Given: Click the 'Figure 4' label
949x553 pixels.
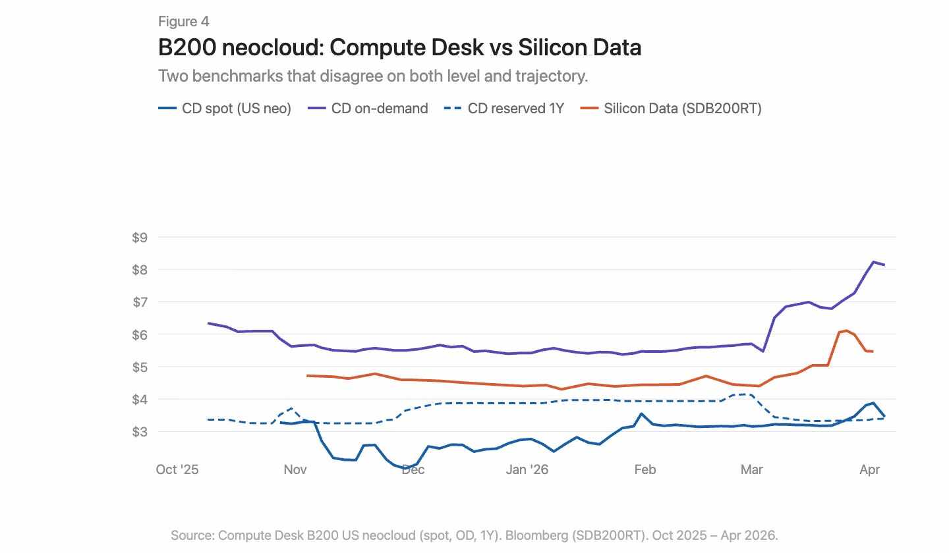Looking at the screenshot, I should tap(183, 22).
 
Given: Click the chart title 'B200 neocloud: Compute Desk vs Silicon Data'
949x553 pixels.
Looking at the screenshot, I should tap(399, 47).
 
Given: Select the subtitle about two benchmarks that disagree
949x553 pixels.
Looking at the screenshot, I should tap(372, 76).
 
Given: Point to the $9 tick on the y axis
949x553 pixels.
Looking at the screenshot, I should tap(140, 238).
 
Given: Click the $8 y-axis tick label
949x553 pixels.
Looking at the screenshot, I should tap(140, 270).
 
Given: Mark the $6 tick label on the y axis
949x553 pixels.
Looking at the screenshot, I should tap(140, 334).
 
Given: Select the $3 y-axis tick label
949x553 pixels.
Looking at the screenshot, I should tap(140, 432).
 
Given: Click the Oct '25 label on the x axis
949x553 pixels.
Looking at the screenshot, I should tap(177, 469).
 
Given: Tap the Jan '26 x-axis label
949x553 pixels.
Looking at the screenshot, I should tap(527, 469).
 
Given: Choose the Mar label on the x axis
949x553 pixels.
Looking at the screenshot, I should tap(751, 469).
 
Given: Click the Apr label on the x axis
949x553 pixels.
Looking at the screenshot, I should tap(870, 469).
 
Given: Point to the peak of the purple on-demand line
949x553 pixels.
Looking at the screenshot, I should tap(873, 262).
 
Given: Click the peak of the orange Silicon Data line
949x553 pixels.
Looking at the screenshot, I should tap(846, 330).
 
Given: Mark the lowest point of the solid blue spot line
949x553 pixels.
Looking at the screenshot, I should tap(406, 468).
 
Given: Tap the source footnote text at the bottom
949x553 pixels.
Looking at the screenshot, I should tap(474, 535).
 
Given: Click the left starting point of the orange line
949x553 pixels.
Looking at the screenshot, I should tap(308, 375).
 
